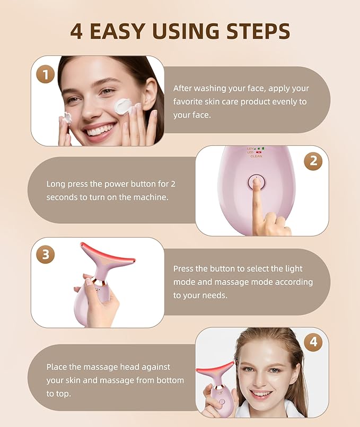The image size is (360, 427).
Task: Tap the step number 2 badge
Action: coord(313,161)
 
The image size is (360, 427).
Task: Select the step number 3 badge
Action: coord(46,254)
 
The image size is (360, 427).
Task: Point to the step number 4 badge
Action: coord(313,342)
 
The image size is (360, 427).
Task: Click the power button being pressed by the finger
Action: coord(256,184)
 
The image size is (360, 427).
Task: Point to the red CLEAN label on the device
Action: coord(256,156)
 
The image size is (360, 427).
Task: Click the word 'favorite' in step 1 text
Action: coord(190,101)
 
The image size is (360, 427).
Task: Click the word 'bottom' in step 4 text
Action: coord(171,380)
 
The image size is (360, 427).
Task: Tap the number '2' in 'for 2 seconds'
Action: coord(173,184)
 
